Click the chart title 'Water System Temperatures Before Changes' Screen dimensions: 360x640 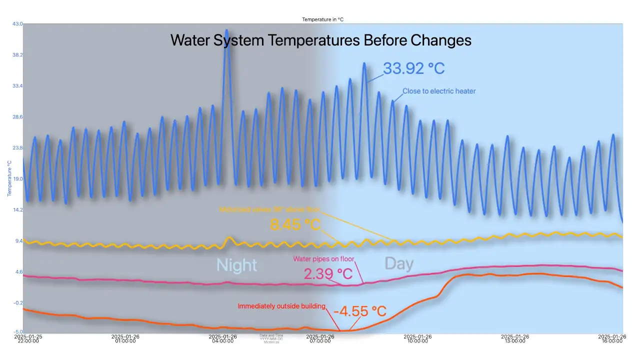pyautogui.click(x=320, y=40)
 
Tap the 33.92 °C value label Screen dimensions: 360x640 pyautogui.click(x=413, y=68)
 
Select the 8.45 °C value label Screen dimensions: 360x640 pyautogui.click(x=295, y=224)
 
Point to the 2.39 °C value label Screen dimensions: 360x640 pyautogui.click(x=328, y=274)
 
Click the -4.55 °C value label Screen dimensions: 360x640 pyautogui.click(x=360, y=311)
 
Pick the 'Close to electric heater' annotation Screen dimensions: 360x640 pyautogui.click(x=439, y=91)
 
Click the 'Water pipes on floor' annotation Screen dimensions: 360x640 pyautogui.click(x=323, y=259)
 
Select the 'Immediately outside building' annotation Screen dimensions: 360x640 pyautogui.click(x=281, y=306)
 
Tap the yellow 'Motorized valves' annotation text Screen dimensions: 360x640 pyautogui.click(x=269, y=210)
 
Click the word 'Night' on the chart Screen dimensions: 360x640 pyautogui.click(x=236, y=265)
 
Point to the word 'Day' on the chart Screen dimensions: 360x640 pyautogui.click(x=399, y=263)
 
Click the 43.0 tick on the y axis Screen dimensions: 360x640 pyautogui.click(x=17, y=24)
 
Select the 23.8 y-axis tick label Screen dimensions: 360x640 pyautogui.click(x=17, y=148)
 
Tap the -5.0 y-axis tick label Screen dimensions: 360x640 pyautogui.click(x=17, y=331)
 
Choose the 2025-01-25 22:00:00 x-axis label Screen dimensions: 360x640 pyautogui.click(x=27, y=339)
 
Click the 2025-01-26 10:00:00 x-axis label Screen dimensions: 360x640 pyautogui.click(x=417, y=339)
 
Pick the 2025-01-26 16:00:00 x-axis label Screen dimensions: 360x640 pyautogui.click(x=612, y=339)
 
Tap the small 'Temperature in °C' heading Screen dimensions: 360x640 pyautogui.click(x=322, y=19)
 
